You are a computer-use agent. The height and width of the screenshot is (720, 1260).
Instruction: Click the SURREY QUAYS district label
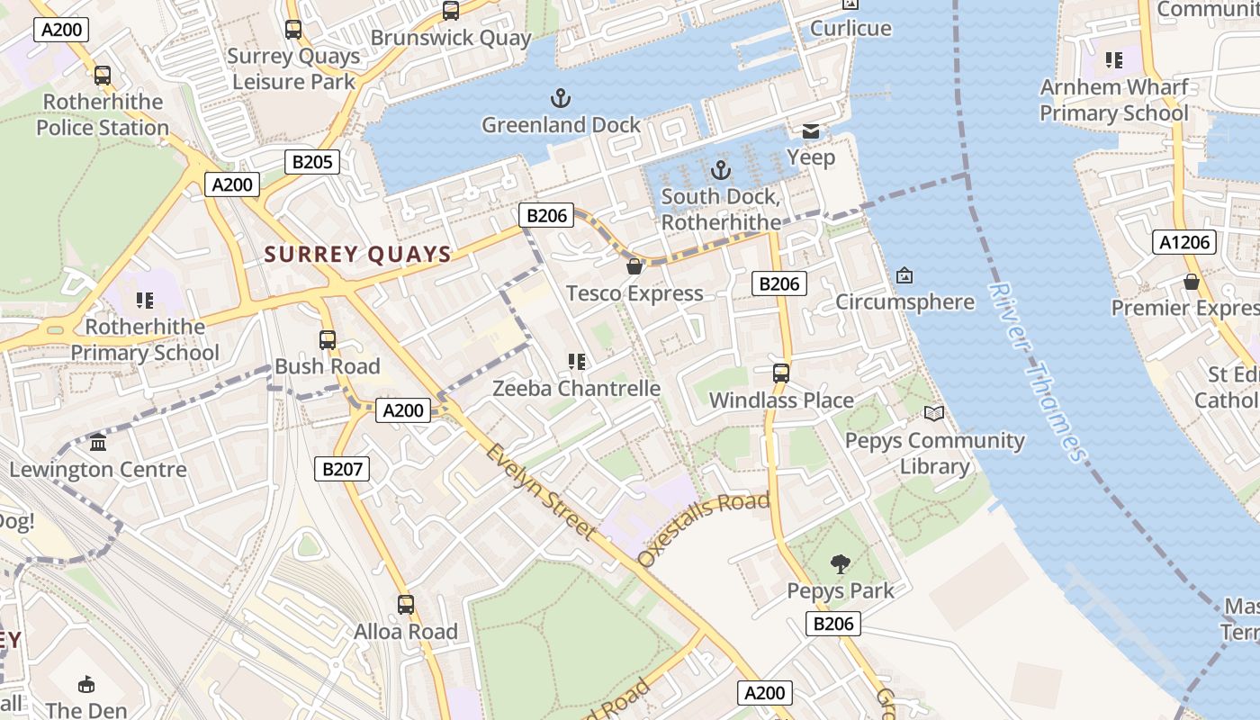(x=357, y=255)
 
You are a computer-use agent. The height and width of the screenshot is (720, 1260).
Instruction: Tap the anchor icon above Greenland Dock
(x=561, y=97)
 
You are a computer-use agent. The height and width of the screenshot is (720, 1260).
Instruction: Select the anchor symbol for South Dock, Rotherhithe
(x=720, y=169)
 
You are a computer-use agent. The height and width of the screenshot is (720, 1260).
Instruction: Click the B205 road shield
(x=312, y=162)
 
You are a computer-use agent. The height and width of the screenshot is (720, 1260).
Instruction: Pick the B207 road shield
(x=342, y=468)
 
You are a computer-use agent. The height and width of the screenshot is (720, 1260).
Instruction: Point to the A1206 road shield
(x=1184, y=242)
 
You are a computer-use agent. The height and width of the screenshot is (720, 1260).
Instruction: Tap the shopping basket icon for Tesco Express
(x=634, y=266)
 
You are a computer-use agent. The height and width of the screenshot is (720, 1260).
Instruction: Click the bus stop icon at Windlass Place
(x=781, y=373)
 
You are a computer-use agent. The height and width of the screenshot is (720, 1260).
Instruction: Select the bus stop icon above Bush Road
(x=328, y=340)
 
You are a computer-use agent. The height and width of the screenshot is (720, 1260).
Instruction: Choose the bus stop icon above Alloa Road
(x=406, y=604)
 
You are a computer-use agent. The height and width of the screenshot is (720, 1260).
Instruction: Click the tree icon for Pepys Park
(x=841, y=564)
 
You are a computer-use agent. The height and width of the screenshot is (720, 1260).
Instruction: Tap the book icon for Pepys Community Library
(x=934, y=414)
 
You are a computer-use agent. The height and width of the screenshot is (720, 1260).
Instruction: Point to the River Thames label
(x=1037, y=371)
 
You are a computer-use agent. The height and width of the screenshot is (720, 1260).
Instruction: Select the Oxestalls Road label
(x=703, y=528)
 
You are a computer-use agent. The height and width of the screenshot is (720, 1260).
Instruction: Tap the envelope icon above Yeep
(x=811, y=131)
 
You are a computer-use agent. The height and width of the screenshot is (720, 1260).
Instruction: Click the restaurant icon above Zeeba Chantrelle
(x=576, y=362)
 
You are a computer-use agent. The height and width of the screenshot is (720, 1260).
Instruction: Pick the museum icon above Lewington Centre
(x=98, y=443)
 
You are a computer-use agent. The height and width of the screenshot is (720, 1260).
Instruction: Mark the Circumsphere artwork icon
(x=904, y=275)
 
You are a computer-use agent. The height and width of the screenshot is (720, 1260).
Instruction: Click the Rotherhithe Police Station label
(x=103, y=114)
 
